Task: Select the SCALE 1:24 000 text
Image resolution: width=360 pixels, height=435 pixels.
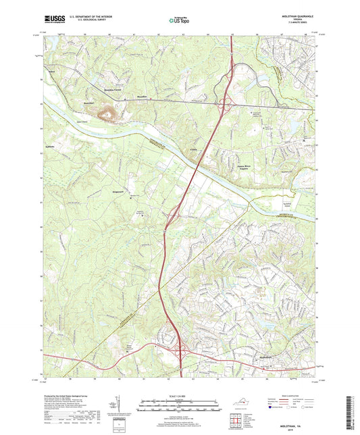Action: (179, 396)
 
